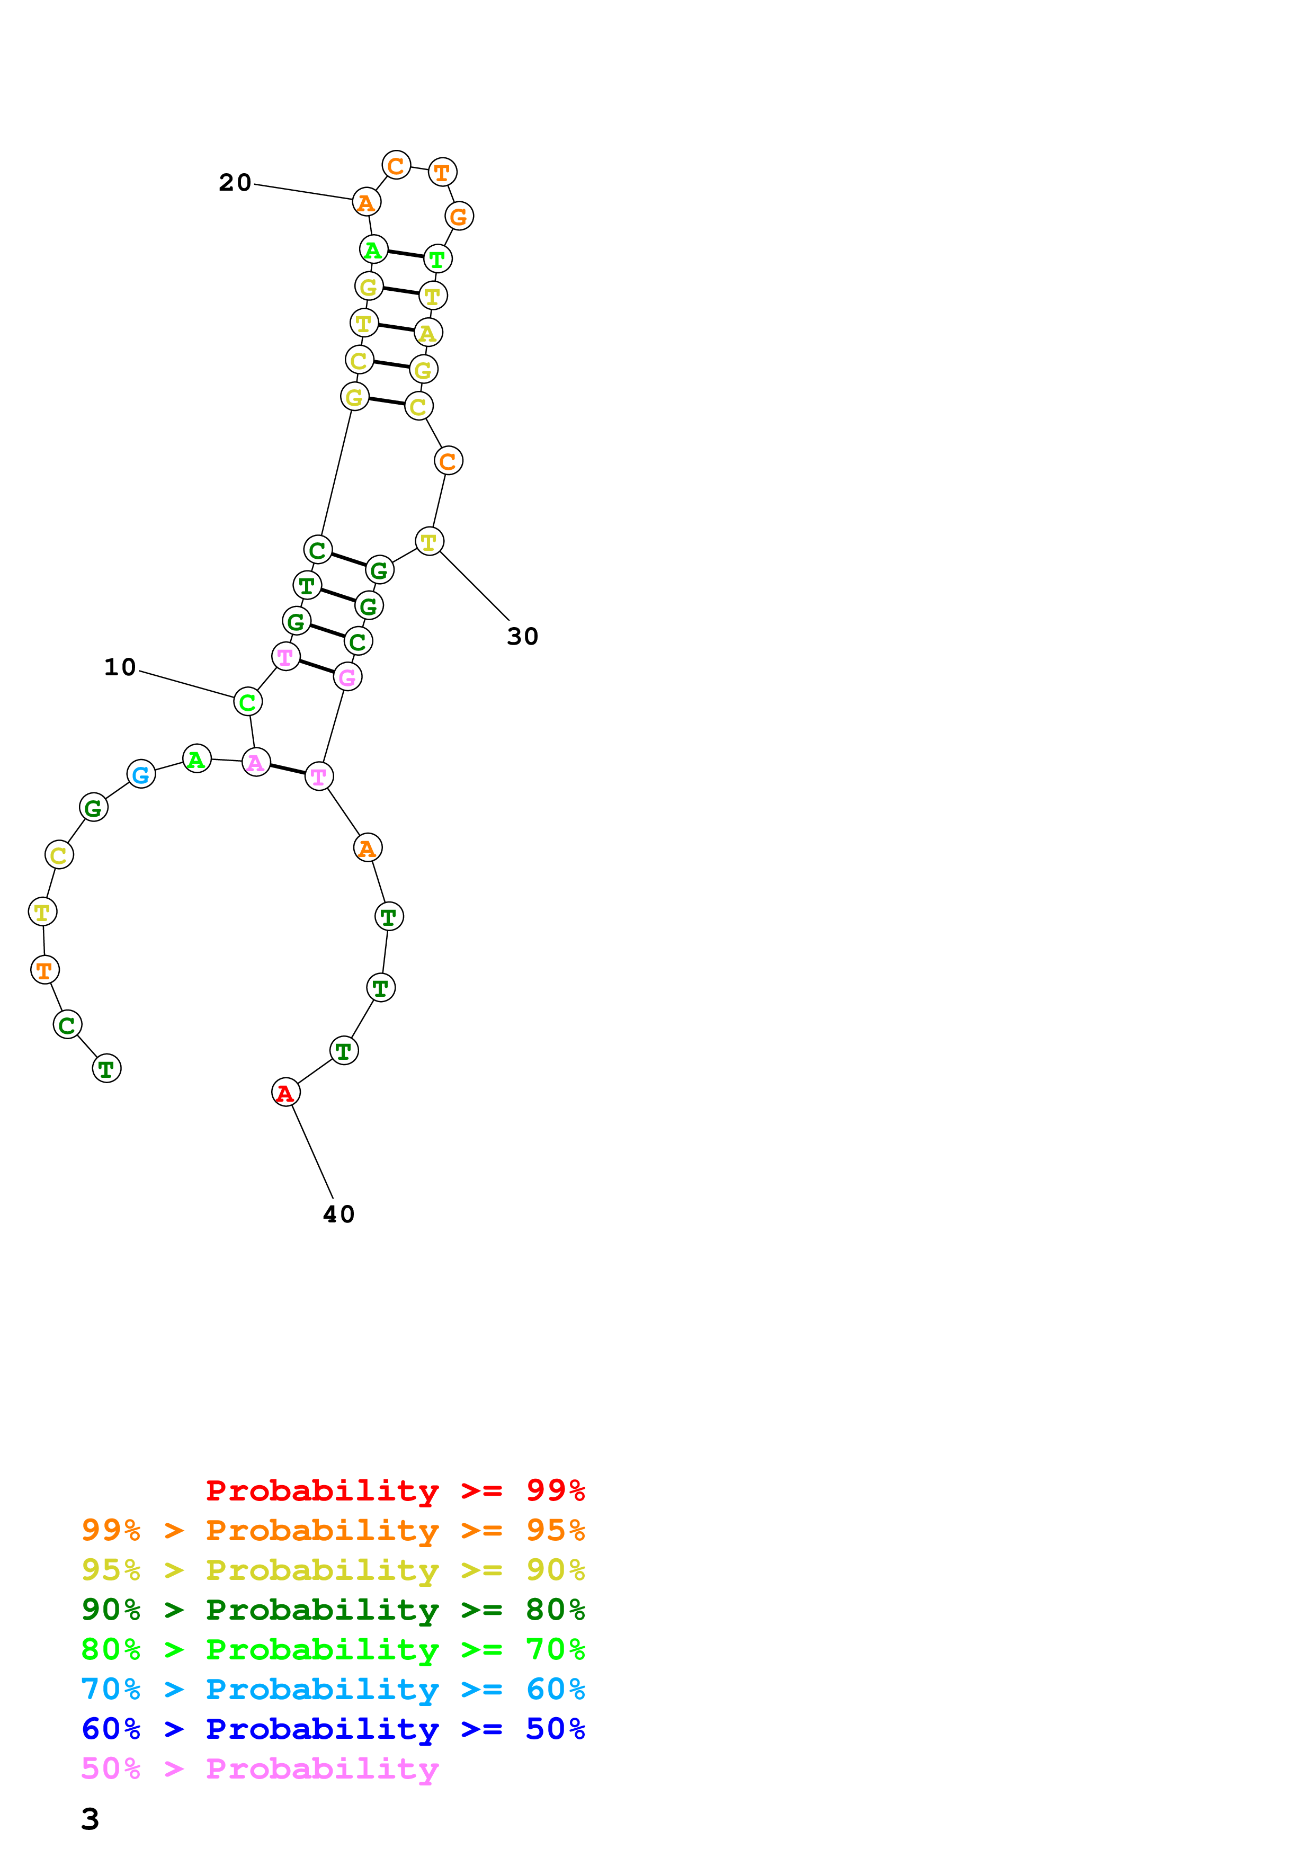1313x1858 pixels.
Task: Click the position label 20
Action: pos(235,183)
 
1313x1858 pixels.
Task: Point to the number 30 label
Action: pos(523,637)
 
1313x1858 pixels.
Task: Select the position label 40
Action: pos(339,1214)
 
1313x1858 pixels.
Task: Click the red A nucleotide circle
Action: pos(285,1093)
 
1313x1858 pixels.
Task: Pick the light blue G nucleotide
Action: pos(141,774)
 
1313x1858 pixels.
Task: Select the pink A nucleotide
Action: pos(256,762)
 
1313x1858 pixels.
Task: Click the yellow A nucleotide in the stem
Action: pos(428,333)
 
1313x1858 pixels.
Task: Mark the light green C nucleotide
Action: pos(247,702)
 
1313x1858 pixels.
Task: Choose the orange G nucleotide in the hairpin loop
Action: pos(459,217)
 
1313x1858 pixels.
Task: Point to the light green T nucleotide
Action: pos(437,260)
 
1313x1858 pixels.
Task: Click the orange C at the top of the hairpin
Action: pos(396,166)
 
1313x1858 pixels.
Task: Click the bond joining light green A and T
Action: pos(405,254)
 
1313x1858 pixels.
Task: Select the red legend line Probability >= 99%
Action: pos(395,1490)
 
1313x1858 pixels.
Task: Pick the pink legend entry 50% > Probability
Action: pos(260,1768)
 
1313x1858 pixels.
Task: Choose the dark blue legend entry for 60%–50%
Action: pos(333,1729)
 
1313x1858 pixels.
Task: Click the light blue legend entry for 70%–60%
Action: pos(333,1689)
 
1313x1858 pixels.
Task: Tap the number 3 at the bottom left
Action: pos(90,1818)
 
